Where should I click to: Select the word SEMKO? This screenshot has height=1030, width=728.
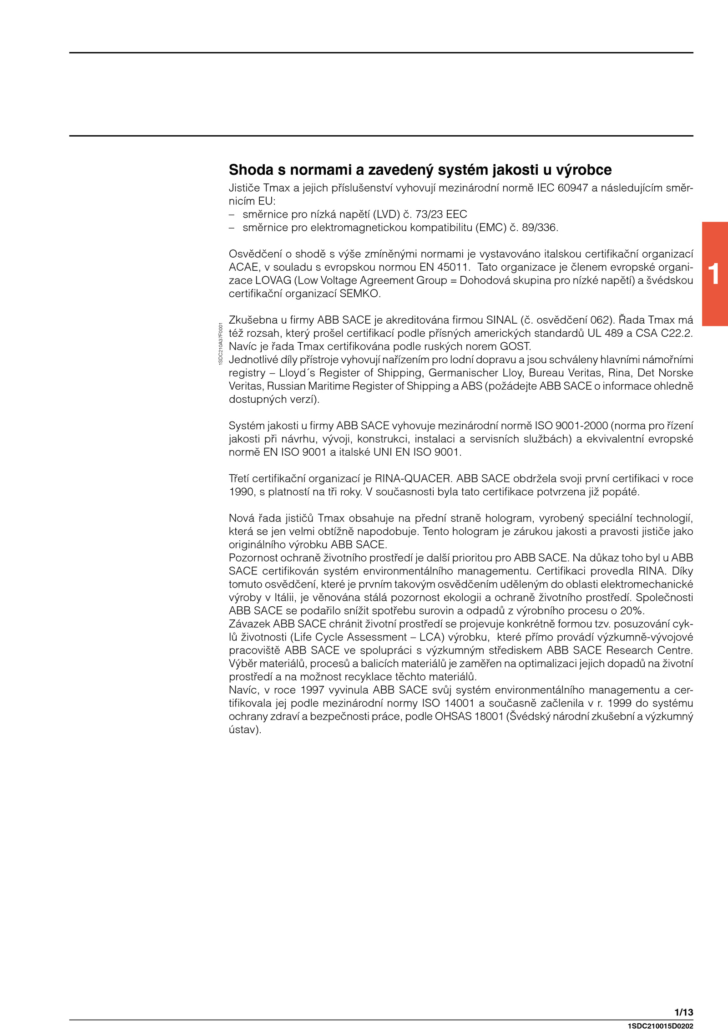pos(359,294)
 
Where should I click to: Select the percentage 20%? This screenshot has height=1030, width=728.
pos(632,610)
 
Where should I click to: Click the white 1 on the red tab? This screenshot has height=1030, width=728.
pos(714,274)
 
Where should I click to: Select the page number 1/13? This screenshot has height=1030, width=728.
pos(683,1012)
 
